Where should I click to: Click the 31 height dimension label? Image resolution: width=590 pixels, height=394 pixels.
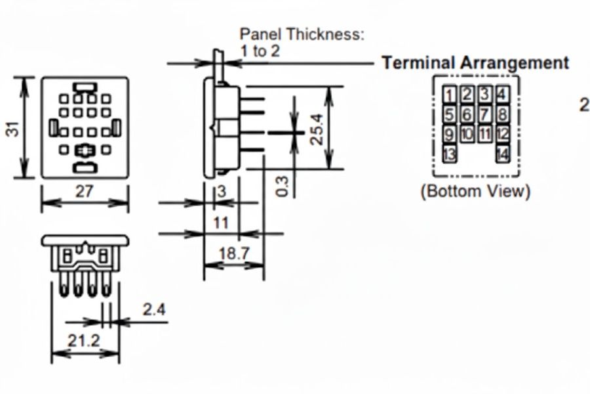point(14,129)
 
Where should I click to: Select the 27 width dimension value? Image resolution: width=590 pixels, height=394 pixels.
point(83,191)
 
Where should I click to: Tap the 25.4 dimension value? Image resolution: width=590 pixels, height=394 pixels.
point(317,129)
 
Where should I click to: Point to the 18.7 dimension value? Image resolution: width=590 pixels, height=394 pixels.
point(233,253)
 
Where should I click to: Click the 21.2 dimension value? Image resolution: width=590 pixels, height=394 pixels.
point(83,341)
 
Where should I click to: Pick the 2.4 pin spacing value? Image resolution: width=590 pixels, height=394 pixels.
point(154,309)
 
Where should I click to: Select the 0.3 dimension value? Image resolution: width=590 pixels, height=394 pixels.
point(282,186)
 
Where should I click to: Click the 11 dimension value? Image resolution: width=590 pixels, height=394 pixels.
point(221,223)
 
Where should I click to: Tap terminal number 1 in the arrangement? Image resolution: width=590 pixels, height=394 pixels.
point(449,95)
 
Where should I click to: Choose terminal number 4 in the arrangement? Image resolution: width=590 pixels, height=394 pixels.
point(502,95)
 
